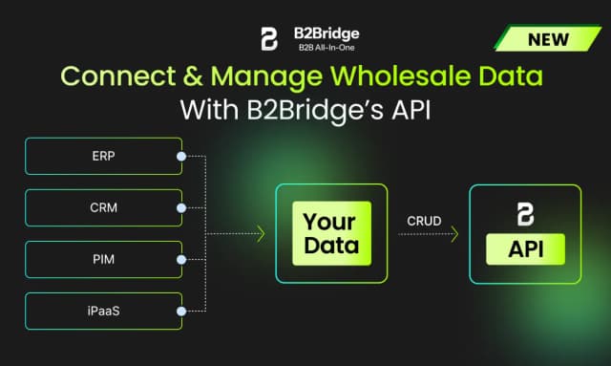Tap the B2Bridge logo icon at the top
pyautogui.click(x=268, y=38)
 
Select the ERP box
pyautogui.click(x=101, y=156)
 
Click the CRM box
pyautogui.click(x=101, y=206)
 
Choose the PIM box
pyautogui.click(x=101, y=258)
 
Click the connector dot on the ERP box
pyautogui.click(x=180, y=156)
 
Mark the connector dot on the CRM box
pyautogui.click(x=180, y=206)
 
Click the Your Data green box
pyautogui.click(x=331, y=233)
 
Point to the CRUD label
pyautogui.click(x=424, y=221)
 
